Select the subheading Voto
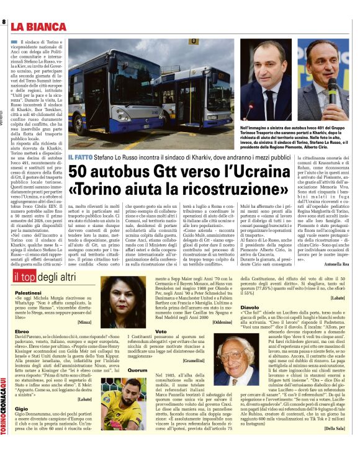(161, 332)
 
